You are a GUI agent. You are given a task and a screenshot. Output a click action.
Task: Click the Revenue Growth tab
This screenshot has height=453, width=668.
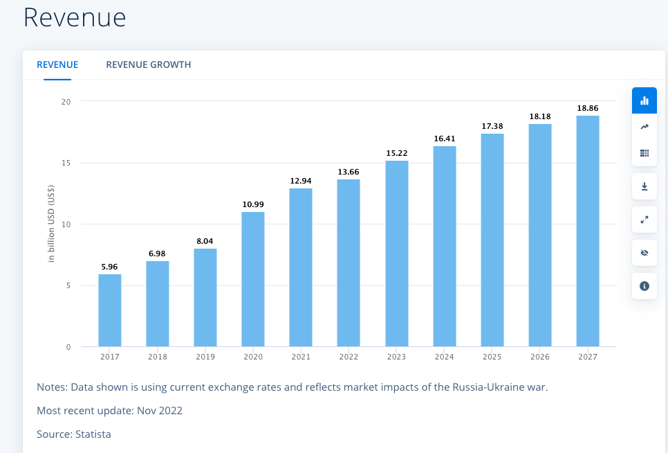click(x=148, y=64)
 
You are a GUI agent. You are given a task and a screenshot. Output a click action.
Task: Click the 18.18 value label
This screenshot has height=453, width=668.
click(x=540, y=116)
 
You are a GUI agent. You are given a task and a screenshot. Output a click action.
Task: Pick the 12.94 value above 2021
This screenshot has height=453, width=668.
click(x=301, y=181)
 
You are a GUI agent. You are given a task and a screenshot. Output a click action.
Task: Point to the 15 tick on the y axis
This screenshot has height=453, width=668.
click(x=66, y=163)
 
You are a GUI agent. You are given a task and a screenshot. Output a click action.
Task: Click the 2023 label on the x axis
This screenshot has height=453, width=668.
click(x=397, y=357)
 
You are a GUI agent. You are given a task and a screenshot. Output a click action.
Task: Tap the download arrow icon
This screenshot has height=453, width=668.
click(x=644, y=186)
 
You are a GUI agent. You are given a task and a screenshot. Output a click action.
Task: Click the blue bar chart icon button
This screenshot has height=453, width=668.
click(x=644, y=100)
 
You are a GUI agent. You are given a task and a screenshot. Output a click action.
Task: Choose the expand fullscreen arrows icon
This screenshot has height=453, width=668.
click(x=644, y=220)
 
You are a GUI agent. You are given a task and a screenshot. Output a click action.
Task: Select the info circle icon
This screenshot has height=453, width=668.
click(x=644, y=285)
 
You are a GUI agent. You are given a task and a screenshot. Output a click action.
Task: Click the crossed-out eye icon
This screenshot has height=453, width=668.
click(x=644, y=253)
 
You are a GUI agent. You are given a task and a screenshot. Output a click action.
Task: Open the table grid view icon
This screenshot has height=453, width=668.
click(x=644, y=153)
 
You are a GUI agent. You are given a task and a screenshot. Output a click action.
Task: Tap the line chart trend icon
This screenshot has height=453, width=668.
click(x=644, y=127)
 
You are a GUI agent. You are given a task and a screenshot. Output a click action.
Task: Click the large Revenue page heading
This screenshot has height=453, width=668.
click(x=75, y=17)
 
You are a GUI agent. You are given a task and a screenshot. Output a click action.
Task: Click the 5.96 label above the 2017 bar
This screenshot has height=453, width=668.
click(x=110, y=266)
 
